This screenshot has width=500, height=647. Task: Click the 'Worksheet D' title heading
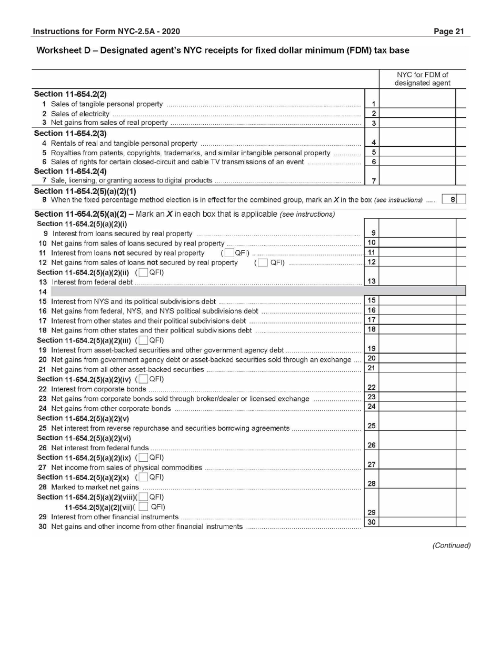click(222, 50)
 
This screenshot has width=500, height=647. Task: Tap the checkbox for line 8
click(462, 199)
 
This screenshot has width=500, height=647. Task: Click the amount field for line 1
click(417, 104)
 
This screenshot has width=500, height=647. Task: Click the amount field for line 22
click(417, 388)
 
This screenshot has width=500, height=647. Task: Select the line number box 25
click(372, 425)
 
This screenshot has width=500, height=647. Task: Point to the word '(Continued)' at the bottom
click(451, 545)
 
